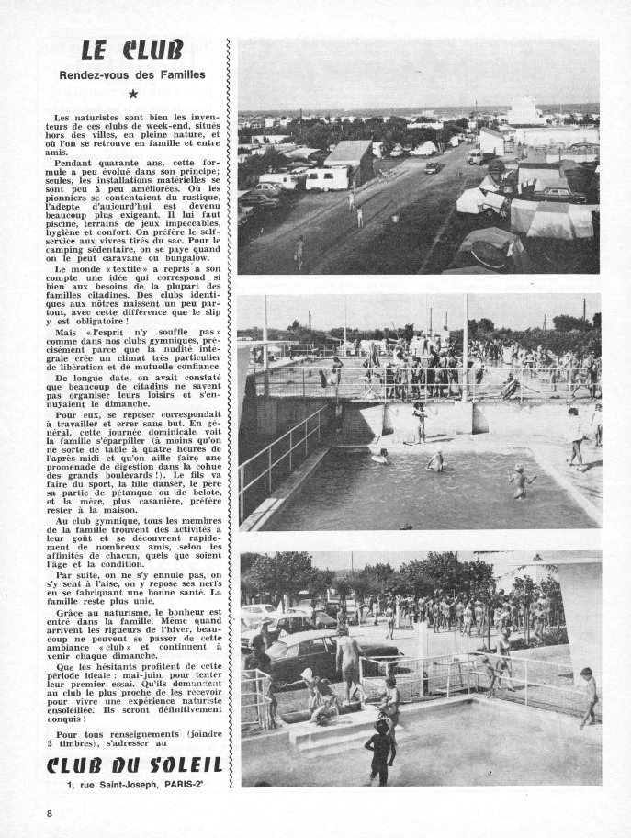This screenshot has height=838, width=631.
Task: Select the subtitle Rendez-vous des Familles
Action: click(134, 74)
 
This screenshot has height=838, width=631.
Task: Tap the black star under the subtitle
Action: click(134, 94)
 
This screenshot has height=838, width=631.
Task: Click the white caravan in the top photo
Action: click(327, 178)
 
